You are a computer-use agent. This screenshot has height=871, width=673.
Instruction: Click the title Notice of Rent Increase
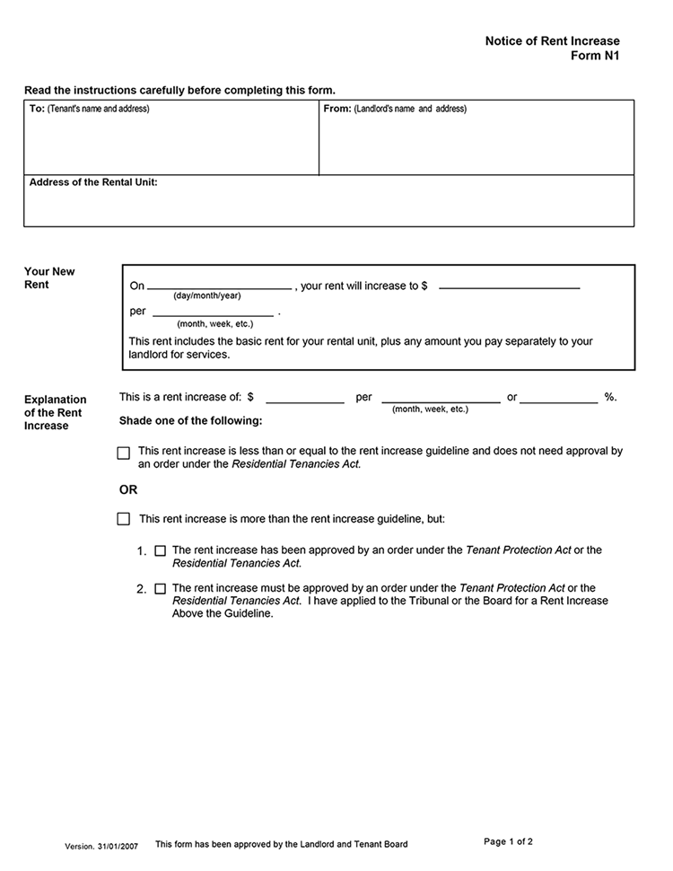(552, 41)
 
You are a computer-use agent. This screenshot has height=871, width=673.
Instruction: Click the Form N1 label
(595, 56)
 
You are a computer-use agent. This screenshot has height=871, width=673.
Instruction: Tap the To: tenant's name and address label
(90, 109)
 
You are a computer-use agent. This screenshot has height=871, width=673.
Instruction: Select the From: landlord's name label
(395, 109)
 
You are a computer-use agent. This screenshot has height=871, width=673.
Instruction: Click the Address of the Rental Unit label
(93, 182)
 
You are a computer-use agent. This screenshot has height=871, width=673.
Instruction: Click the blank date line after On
(220, 286)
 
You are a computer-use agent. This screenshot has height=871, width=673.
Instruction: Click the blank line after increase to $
(509, 286)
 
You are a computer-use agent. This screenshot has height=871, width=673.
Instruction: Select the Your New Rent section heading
(49, 278)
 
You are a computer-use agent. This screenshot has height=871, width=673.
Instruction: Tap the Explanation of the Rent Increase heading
(56, 412)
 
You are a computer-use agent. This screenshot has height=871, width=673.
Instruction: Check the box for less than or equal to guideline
(124, 453)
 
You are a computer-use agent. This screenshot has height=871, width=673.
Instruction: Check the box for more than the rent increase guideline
(124, 519)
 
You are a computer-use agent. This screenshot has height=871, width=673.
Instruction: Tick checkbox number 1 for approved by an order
(161, 550)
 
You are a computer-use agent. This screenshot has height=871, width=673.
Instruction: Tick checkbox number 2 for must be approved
(161, 589)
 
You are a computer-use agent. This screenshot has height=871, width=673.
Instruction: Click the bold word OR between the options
(128, 490)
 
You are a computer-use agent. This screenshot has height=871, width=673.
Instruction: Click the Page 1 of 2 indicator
(509, 842)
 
